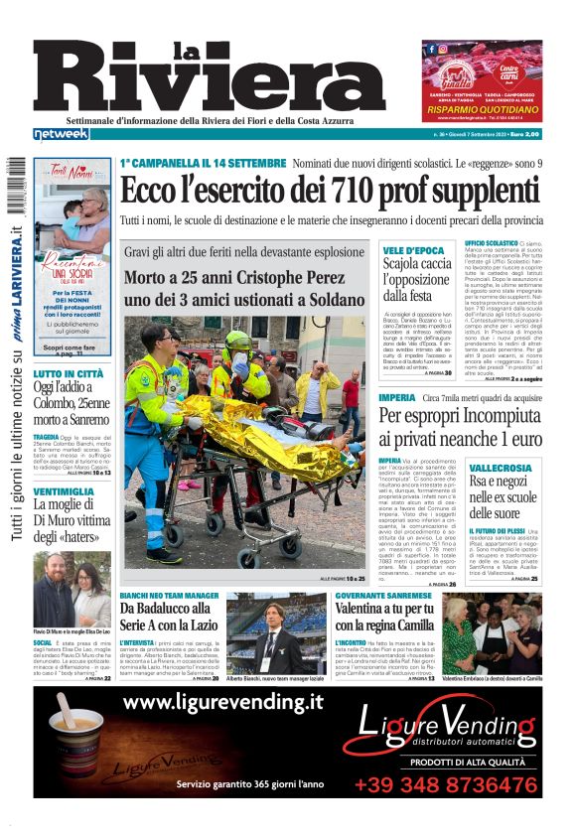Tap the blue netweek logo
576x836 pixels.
[61, 133]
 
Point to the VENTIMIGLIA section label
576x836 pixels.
[64, 491]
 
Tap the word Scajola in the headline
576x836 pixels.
[409, 264]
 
